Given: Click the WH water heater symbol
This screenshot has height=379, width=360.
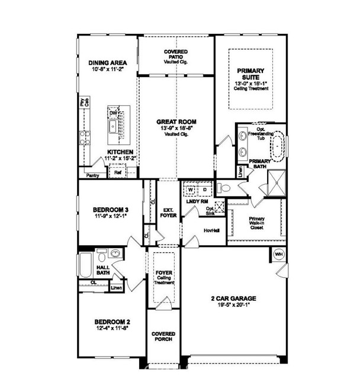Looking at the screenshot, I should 279,255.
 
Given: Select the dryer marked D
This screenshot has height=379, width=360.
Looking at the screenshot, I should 204,190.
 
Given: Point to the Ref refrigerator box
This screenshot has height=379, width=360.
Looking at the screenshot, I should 117,173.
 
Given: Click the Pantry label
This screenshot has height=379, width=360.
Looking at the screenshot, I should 92,175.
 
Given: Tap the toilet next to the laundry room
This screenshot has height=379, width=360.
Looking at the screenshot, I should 224,189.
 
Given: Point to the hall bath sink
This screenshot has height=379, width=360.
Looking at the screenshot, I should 115,253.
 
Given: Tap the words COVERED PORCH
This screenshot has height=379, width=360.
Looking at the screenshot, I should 163,337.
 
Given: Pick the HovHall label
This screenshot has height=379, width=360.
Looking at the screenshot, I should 211,230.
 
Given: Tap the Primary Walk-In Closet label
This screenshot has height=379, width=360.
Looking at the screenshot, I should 256,222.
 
